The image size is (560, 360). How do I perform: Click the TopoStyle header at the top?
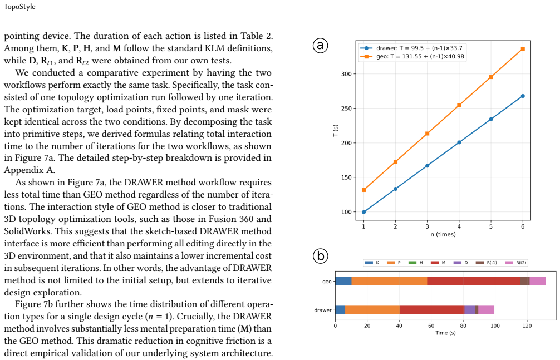pos(19,7)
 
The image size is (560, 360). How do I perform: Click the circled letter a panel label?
pos(320,46)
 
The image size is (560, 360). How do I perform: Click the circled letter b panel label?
pos(320,256)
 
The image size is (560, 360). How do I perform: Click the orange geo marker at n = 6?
pos(523,48)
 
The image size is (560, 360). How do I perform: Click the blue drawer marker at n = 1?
pos(364,212)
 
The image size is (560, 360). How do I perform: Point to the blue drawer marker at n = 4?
pos(459,142)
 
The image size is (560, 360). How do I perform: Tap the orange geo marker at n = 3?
pos(428,134)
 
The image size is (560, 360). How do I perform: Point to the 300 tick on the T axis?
pos(347,74)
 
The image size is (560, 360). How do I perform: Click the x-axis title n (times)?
pos(443,235)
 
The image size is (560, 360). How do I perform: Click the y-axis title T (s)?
pos(335,130)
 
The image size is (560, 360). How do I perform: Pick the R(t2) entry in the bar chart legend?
pos(515,263)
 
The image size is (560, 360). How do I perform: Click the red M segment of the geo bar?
pos(474,281)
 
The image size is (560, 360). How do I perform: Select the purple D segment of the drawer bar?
pos(470,310)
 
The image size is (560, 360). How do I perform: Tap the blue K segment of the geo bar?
pos(343,281)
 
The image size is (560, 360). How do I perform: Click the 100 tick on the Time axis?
pos(495,326)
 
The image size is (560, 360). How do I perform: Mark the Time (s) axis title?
pos(446,333)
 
